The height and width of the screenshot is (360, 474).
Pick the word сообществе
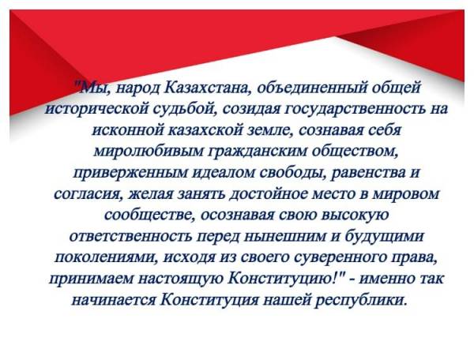pos(149,216)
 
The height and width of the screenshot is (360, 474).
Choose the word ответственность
pos(130,237)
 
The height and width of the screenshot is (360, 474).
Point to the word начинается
pos(114,300)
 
